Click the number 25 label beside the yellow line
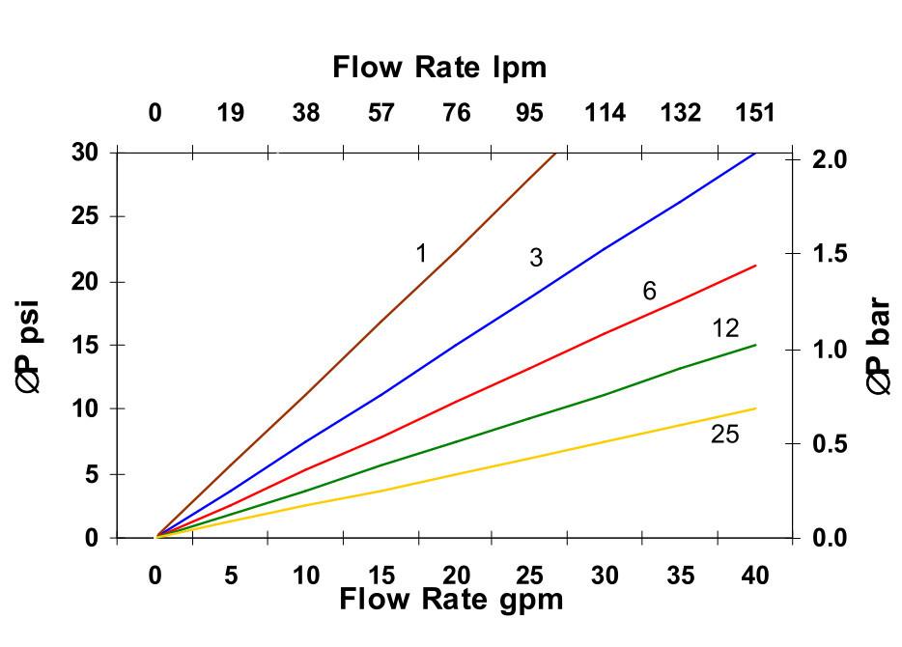pyautogui.click(x=724, y=436)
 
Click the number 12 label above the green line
pyautogui.click(x=725, y=328)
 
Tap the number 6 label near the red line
pyautogui.click(x=649, y=292)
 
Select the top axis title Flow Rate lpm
pyautogui.click(x=439, y=68)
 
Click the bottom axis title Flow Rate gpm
pyautogui.click(x=451, y=600)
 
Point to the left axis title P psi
pyautogui.click(x=30, y=346)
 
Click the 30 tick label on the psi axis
pyautogui.click(x=86, y=153)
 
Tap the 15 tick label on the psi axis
pyautogui.click(x=86, y=345)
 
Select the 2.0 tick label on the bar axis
pyautogui.click(x=827, y=158)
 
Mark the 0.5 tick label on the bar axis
pyautogui.click(x=827, y=444)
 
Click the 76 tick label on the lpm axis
pyautogui.click(x=456, y=114)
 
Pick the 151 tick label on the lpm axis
pyautogui.click(x=755, y=114)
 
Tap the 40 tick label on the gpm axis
pyautogui.click(x=755, y=576)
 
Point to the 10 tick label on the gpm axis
pyautogui.click(x=305, y=576)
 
